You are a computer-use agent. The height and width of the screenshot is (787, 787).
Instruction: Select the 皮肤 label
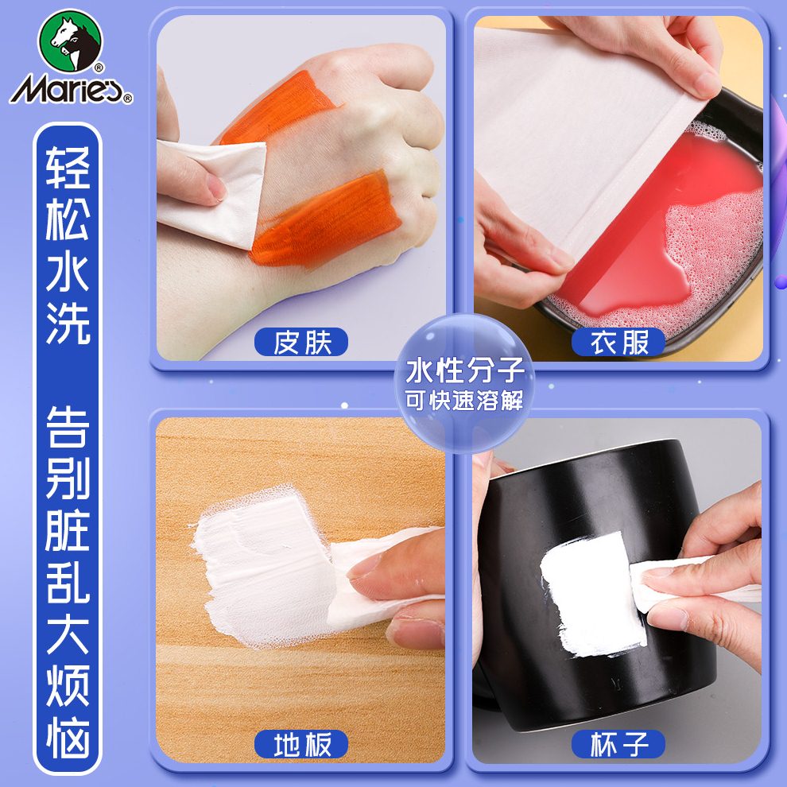pos(301,343)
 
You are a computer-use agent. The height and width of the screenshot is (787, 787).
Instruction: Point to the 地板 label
pos(301,745)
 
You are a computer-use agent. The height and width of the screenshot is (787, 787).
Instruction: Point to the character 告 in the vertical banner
pos(68,429)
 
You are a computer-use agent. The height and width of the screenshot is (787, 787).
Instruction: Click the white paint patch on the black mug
pos(592,592)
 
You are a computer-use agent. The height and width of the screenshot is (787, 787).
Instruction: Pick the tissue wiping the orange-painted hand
pos(211,191)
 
